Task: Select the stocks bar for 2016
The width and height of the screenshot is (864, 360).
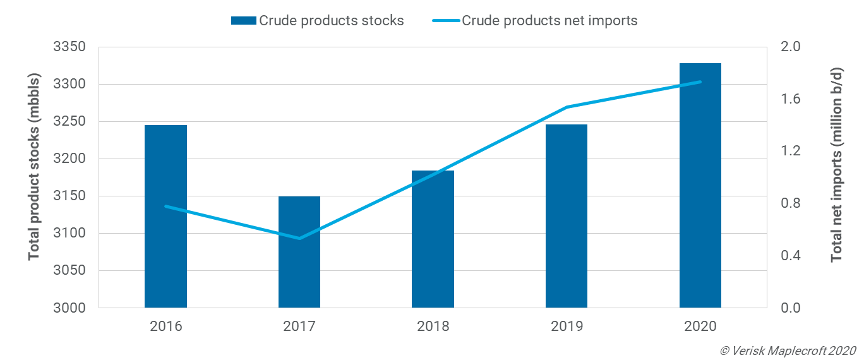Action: pos(165,217)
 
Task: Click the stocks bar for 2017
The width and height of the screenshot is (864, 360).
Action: pos(299,252)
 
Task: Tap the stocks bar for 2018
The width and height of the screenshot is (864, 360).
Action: pos(433,239)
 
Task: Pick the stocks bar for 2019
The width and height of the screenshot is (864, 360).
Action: pos(567,217)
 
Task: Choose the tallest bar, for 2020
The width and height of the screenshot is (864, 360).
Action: pos(700,186)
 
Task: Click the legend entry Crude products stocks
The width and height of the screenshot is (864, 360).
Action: pos(318,20)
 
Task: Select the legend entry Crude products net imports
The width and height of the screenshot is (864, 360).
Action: pos(535,20)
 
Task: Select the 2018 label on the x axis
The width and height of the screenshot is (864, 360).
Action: pos(433,327)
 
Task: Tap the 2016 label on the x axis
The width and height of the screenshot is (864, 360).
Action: pos(165,327)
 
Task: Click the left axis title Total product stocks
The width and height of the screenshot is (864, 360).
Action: pos(34,167)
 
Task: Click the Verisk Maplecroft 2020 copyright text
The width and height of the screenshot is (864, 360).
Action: pos(788,350)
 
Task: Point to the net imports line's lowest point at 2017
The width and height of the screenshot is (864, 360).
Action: pos(299,238)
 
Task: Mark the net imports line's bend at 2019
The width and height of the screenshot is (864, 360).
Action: pos(567,107)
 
